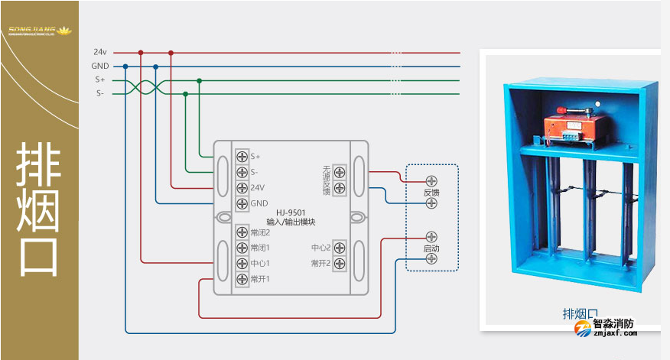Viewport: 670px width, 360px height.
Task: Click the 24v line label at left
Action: [100, 52]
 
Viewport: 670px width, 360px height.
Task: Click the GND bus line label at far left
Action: [100, 66]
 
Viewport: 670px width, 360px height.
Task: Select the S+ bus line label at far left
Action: [100, 79]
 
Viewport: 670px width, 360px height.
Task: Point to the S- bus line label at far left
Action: [100, 93]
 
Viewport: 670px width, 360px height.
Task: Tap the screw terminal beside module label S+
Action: [242, 157]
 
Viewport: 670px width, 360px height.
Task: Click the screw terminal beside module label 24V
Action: [242, 188]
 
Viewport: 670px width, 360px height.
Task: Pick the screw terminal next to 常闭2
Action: [242, 232]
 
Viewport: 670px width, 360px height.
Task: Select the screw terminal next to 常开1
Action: [242, 278]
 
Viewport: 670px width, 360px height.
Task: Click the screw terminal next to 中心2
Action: [340, 248]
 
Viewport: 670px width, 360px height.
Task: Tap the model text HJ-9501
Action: [291, 213]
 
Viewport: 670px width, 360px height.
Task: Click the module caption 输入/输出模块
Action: [291, 222]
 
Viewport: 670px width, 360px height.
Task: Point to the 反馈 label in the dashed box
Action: [431, 193]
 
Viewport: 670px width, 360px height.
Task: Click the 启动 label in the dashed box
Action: [431, 249]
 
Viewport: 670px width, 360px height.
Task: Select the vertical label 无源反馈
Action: [326, 180]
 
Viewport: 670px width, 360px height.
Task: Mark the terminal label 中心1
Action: [260, 264]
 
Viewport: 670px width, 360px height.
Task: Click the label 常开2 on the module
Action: [320, 264]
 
